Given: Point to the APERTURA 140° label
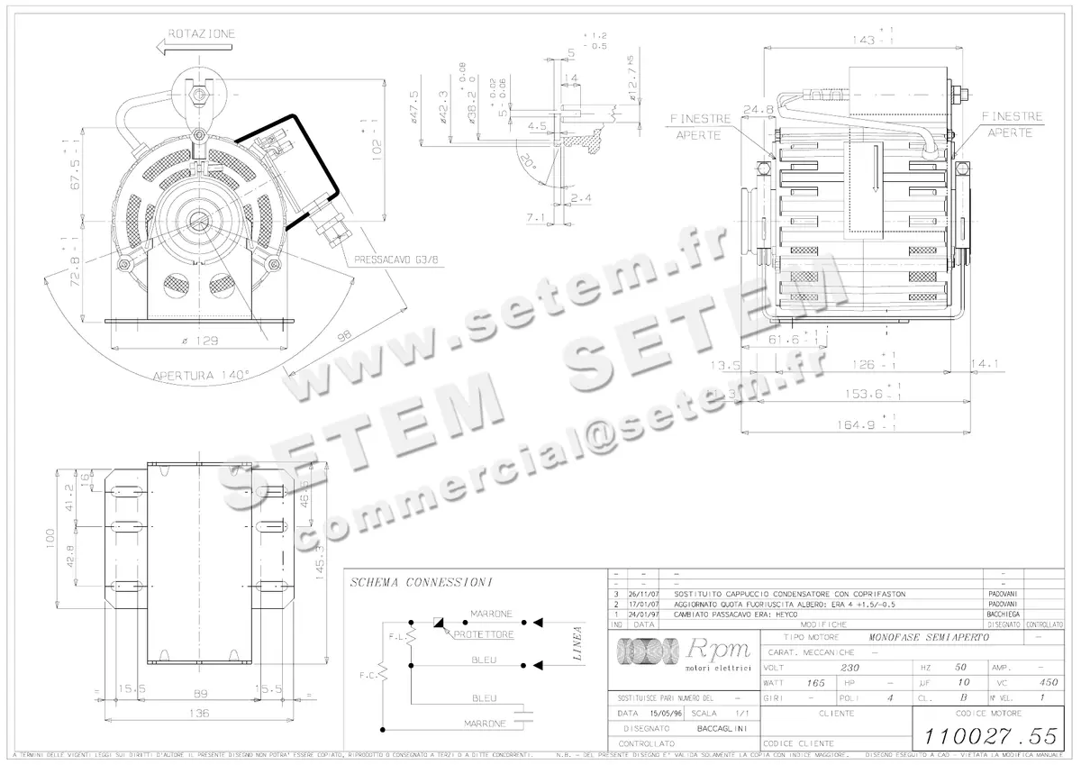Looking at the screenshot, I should click(x=201, y=375).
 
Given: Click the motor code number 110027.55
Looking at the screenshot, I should click(x=986, y=733).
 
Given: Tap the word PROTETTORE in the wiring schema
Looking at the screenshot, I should click(x=484, y=634).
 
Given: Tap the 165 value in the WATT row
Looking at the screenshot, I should click(x=815, y=683).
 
